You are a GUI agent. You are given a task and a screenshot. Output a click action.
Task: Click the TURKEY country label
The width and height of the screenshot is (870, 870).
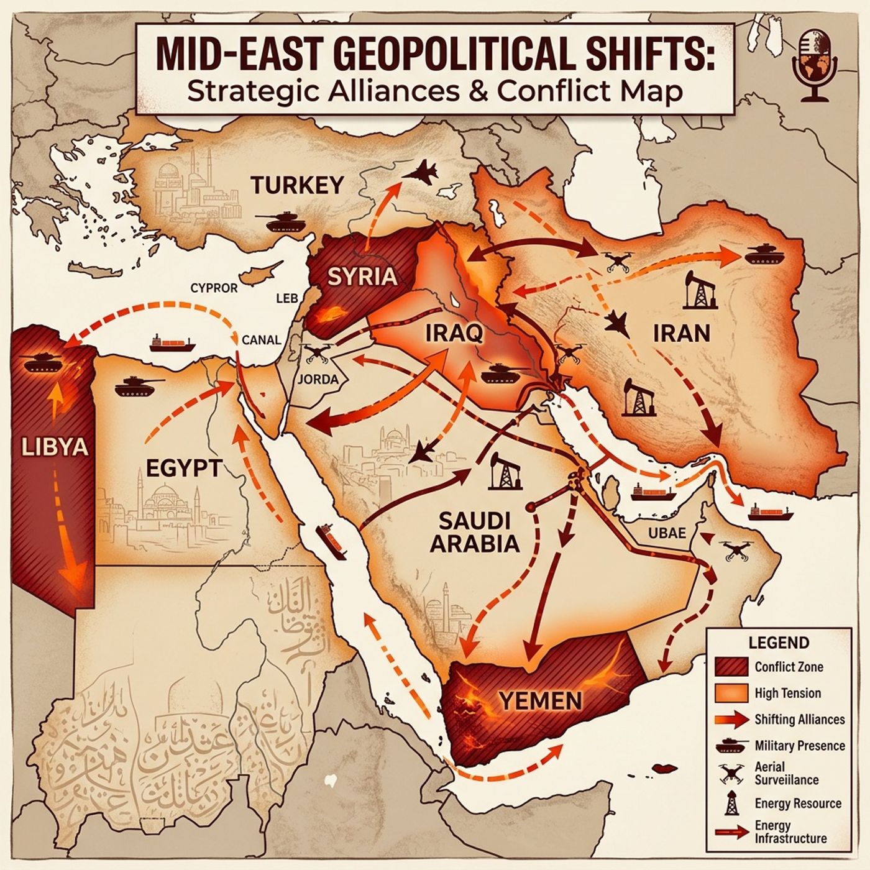pyautogui.click(x=297, y=185)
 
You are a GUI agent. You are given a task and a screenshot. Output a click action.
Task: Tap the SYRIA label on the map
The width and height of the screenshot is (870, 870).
pyautogui.click(x=362, y=276)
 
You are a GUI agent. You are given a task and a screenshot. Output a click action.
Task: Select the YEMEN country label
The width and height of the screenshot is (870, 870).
pyautogui.click(x=541, y=701)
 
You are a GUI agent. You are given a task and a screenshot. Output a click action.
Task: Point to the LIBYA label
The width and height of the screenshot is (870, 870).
pyautogui.click(x=54, y=447)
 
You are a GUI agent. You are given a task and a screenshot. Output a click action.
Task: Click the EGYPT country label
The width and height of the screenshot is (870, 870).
pyautogui.click(x=183, y=468)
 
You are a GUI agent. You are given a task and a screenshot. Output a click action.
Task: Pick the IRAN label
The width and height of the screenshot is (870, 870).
pyautogui.click(x=681, y=334)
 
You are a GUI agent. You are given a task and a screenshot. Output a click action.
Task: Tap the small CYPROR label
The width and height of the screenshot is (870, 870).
pyautogui.click(x=214, y=288)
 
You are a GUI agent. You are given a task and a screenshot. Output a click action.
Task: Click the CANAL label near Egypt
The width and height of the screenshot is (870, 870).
pyautogui.click(x=261, y=340)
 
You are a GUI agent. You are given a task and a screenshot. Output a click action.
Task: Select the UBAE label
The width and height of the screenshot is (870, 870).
pyautogui.click(x=667, y=533)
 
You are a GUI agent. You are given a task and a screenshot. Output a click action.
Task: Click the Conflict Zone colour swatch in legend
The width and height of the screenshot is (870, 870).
pyautogui.click(x=730, y=667)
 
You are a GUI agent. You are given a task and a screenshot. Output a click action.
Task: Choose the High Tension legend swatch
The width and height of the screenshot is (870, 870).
pyautogui.click(x=730, y=693)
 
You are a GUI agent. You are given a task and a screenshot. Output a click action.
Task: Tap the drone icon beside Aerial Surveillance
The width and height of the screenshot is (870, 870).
pyautogui.click(x=731, y=773)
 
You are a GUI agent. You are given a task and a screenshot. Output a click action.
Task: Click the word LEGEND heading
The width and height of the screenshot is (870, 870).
pyautogui.click(x=778, y=643)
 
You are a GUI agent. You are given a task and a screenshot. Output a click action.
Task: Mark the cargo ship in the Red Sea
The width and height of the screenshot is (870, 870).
pyautogui.click(x=331, y=541)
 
